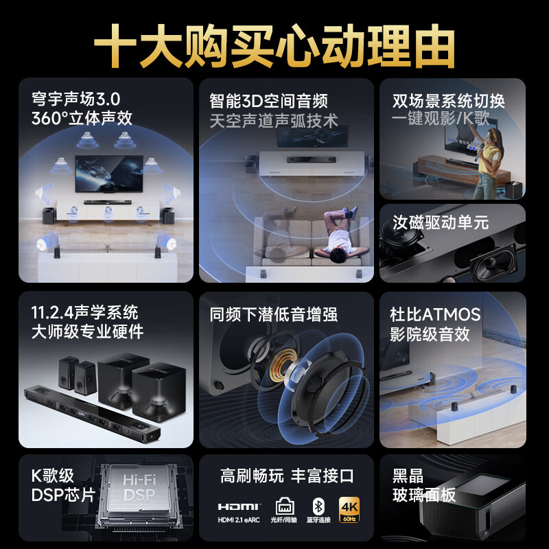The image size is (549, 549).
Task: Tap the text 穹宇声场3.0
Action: click(x=76, y=99)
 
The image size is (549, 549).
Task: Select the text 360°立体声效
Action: click(x=82, y=117)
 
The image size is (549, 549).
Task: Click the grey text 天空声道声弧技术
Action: click(x=274, y=121)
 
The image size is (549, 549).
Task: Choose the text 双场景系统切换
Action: click(x=448, y=101)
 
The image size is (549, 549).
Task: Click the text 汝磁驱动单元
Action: click(x=440, y=222)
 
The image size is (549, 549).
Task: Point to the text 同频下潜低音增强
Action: click(x=274, y=315)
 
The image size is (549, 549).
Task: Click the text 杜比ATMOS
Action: click(x=435, y=315)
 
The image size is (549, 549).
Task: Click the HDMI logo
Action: click(x=240, y=506)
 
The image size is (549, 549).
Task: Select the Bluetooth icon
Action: click(x=317, y=506)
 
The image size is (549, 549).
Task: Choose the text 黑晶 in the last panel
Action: click(x=408, y=475)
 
